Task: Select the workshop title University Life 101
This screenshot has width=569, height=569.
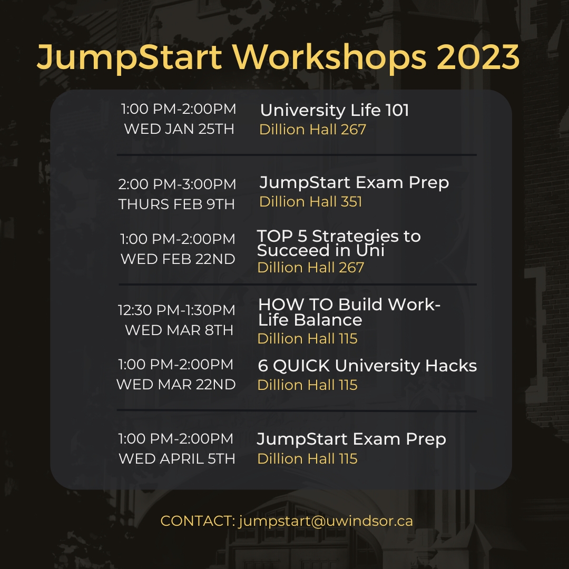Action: coord(335,110)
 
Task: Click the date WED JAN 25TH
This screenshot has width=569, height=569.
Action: coord(179,129)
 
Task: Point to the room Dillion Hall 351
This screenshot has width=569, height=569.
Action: coord(311,202)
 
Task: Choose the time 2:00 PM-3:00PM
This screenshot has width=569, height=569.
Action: coord(177,184)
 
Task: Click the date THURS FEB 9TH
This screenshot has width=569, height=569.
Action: coord(176,204)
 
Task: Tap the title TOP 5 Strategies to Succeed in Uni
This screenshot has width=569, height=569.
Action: coord(339,243)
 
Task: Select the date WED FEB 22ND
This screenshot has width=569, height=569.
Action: coord(178,259)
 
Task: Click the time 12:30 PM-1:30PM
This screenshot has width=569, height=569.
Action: coord(176,310)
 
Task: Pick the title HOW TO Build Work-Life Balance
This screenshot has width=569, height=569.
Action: coord(349,312)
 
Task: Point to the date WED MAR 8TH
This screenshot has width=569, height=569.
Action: coord(179,330)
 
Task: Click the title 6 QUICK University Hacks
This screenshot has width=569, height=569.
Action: coord(367,366)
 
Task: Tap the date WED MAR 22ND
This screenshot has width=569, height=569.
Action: coord(176,385)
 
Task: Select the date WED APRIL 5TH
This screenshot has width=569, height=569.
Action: coord(177,459)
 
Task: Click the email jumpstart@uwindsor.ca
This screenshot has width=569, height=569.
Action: coord(326,521)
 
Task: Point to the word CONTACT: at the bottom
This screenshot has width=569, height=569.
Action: coord(198,521)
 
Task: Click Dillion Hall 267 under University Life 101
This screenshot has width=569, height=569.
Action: coord(312,130)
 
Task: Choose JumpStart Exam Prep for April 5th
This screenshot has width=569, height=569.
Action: coord(351,439)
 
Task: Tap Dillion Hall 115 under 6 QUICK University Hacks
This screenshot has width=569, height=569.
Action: coord(307,385)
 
